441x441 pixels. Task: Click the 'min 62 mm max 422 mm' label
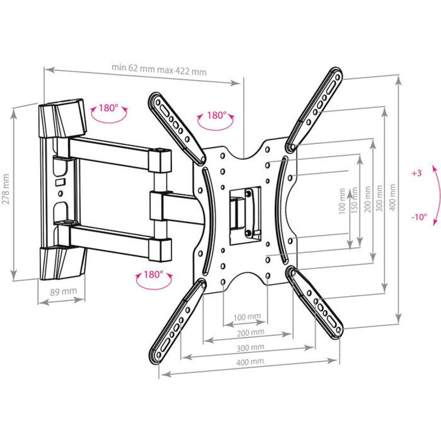(x=159, y=70)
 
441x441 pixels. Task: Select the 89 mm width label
(x=64, y=291)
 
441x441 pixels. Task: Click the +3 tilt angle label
(x=417, y=173)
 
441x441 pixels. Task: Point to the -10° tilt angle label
(x=419, y=217)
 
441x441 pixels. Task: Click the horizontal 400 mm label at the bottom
(x=250, y=362)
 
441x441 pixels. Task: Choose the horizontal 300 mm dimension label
(x=250, y=348)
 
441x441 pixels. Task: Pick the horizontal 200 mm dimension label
(x=250, y=333)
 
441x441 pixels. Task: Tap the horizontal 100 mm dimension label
(x=247, y=317)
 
